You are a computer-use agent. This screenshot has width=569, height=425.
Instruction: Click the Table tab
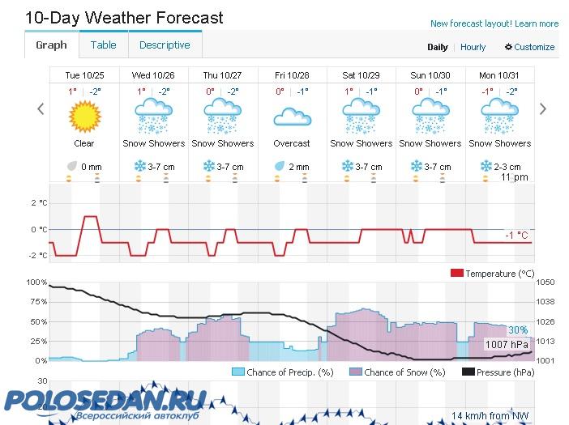(103, 45)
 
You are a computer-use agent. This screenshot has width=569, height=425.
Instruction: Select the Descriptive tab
(165, 45)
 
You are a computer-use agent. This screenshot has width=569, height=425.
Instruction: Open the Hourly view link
(473, 47)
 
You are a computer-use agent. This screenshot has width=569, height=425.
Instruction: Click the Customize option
(530, 47)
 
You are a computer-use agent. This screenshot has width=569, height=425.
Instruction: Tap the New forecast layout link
(494, 23)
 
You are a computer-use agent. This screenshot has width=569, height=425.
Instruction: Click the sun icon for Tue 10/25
(84, 117)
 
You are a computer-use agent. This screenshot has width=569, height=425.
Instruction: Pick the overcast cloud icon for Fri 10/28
(292, 118)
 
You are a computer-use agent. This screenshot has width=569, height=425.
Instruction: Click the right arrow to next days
(543, 109)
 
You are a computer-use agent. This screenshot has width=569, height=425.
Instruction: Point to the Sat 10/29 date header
(362, 75)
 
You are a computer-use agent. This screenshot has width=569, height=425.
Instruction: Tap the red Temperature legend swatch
(456, 274)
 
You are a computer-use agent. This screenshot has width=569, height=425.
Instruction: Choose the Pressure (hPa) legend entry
(498, 372)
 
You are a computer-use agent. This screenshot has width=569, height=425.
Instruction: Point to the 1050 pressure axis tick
(545, 282)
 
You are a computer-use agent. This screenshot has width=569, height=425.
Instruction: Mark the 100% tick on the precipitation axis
(37, 282)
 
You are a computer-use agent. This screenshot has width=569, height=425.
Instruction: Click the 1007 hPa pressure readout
(507, 345)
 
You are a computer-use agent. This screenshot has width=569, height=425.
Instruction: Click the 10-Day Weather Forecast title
(124, 17)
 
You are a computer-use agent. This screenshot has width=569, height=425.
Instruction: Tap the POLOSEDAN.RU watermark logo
(105, 402)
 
